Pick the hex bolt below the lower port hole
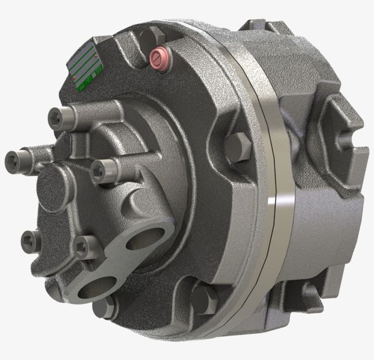point(104,307)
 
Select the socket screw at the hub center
point(101,172)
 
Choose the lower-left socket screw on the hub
point(31,240)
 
